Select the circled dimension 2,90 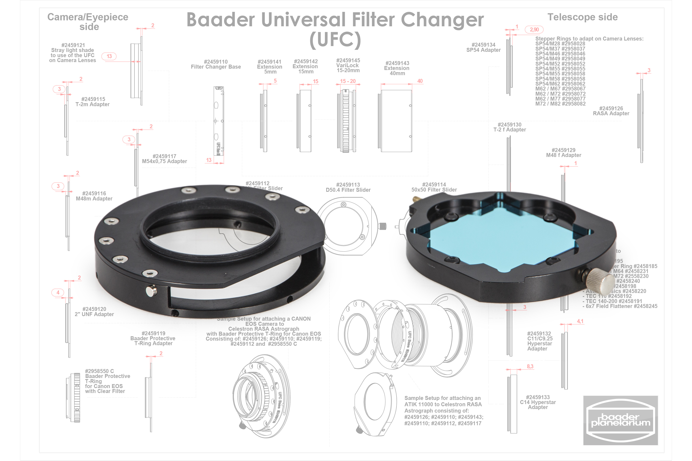[x=534, y=30]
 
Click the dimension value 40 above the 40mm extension [x=420, y=81]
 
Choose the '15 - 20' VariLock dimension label [x=348, y=81]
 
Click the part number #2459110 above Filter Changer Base [x=216, y=62]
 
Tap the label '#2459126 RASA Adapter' [x=611, y=111]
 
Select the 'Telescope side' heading [x=582, y=17]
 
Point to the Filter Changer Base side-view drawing [x=218, y=121]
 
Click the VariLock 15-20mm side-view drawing [x=346, y=121]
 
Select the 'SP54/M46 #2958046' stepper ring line [x=560, y=54]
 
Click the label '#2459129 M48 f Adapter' [x=563, y=153]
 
